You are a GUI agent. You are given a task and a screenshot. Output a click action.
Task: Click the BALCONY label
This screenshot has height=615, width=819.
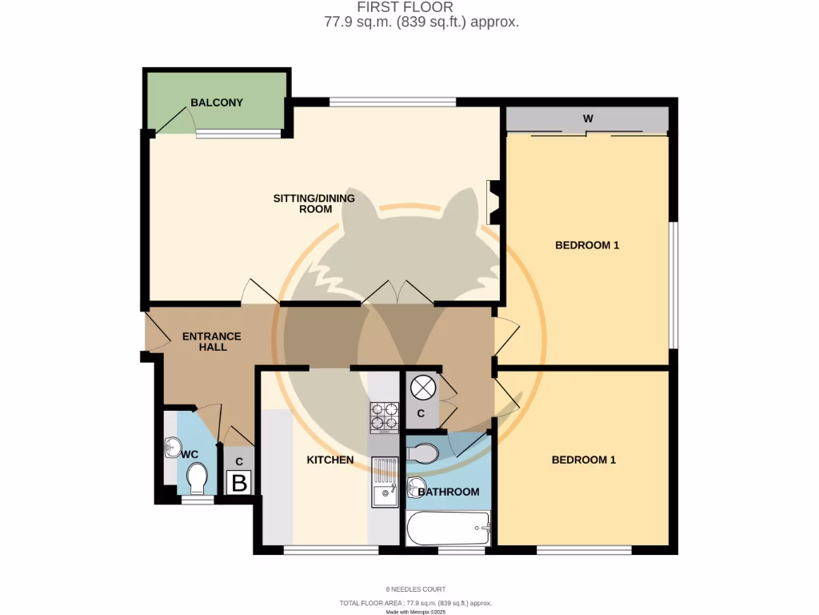point(216,102)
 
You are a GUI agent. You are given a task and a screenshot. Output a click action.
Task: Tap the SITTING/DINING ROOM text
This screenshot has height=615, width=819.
point(314,203)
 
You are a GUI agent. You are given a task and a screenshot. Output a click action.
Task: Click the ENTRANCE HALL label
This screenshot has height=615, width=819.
point(211,341)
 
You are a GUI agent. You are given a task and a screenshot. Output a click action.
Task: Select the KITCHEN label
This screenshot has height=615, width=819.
point(330,460)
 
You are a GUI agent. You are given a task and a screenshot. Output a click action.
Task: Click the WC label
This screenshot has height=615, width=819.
point(190,454)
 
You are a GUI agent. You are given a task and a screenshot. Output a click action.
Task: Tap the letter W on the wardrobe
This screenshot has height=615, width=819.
point(588,119)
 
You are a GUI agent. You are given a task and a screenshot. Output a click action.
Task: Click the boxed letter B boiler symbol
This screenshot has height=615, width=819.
point(239,483)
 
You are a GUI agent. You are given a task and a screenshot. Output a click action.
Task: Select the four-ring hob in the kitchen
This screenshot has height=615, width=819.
point(384,416)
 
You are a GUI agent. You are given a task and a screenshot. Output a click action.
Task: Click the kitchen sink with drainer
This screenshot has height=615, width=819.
point(386,482)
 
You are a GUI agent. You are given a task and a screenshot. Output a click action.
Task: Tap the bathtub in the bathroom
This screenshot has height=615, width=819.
point(448,529)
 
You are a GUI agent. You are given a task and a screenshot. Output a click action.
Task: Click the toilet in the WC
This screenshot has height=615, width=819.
point(196,481)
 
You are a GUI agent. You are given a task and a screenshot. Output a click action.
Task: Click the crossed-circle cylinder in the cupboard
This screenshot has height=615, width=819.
point(422,388)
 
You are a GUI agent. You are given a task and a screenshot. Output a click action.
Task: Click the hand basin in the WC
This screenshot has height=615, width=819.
point(172,447)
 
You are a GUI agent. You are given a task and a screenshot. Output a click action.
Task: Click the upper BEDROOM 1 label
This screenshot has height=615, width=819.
point(587,245)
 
